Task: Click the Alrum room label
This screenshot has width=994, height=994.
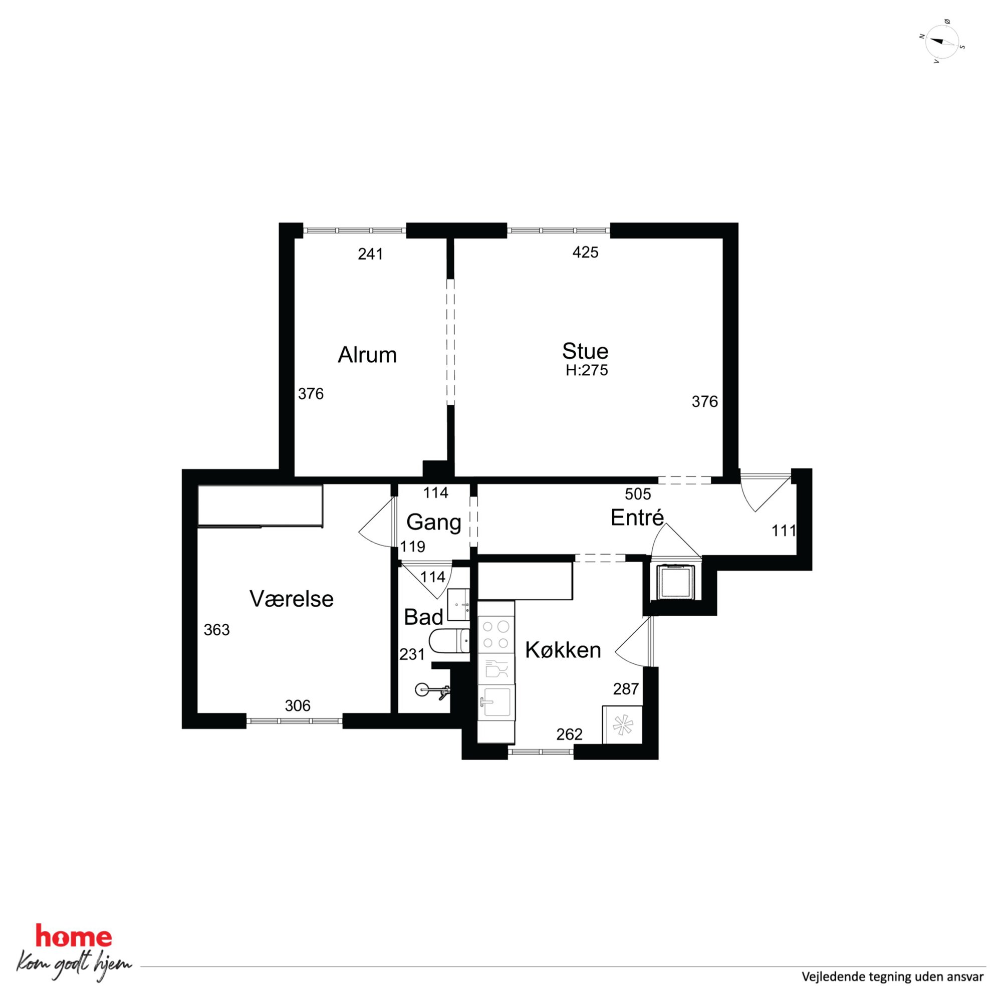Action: coord(367,355)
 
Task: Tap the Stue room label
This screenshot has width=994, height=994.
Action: coord(585,351)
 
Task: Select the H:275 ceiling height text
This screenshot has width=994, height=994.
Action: coord(587,370)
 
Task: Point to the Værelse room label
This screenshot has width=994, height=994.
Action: coord(291,599)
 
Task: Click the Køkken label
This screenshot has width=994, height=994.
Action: coord(563,650)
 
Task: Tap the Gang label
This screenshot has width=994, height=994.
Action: coord(434,523)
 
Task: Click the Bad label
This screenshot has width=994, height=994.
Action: coord(423,617)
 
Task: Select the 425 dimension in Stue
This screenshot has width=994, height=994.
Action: coord(586,252)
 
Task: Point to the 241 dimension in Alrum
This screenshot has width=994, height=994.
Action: coord(370,254)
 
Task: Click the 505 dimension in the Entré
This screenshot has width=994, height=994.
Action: coord(638,494)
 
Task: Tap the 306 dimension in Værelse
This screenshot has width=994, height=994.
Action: coord(298,705)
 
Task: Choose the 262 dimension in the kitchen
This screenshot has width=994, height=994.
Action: coord(570,734)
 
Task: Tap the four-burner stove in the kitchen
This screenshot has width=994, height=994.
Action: coord(496,635)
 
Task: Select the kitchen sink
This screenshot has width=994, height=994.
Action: coord(495,702)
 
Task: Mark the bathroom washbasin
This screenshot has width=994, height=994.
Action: coord(458,605)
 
